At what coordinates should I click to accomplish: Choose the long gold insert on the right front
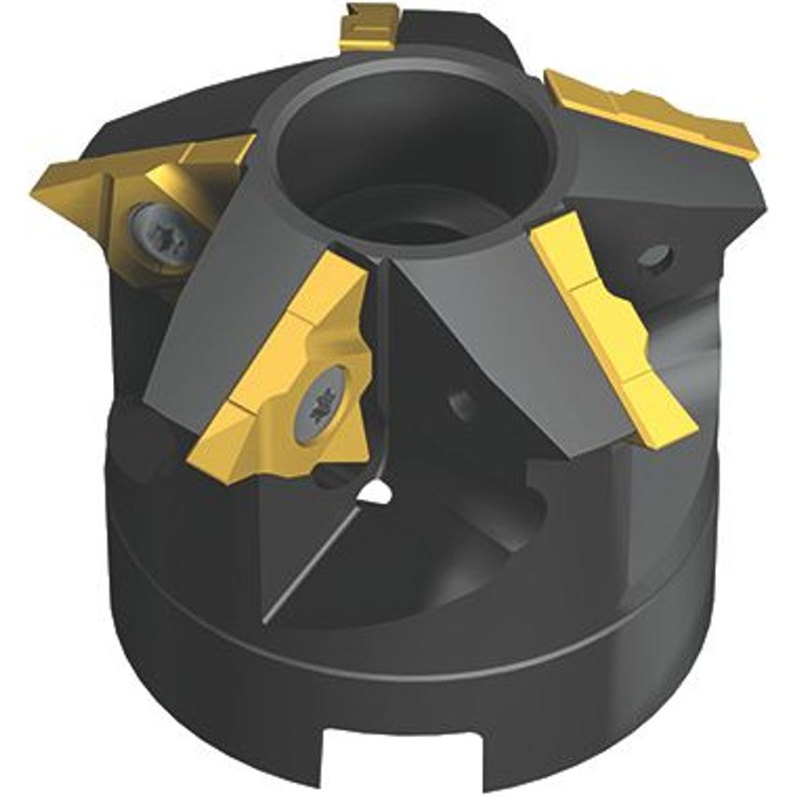click(x=611, y=336)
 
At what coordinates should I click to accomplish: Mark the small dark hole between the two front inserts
click(x=458, y=402)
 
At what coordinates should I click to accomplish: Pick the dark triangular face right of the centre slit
click(x=467, y=317)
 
